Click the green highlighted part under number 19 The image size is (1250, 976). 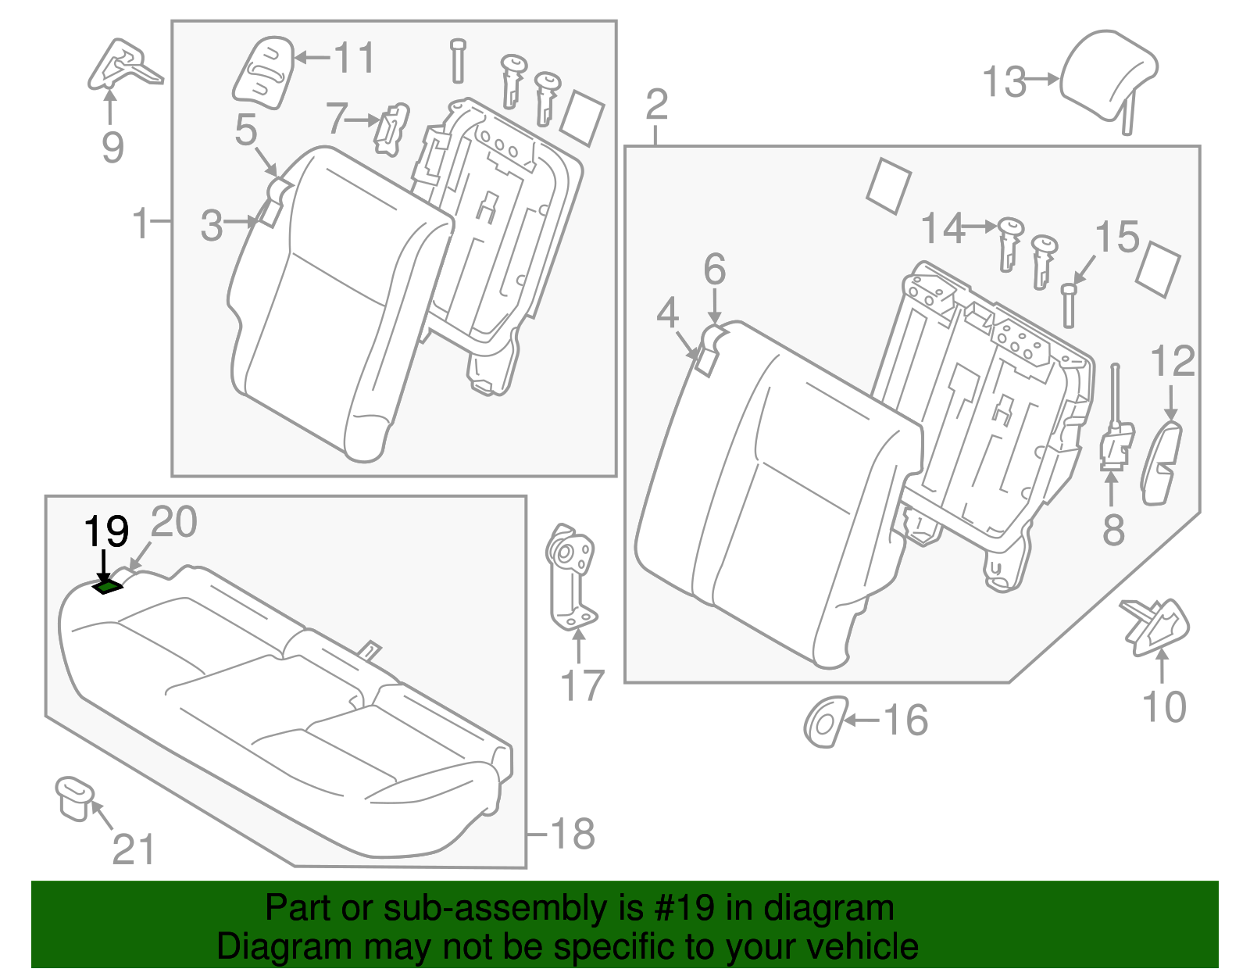[x=108, y=586]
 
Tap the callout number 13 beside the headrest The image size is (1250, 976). [x=1004, y=82]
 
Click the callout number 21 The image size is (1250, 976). [x=134, y=849]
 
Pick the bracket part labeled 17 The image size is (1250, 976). [x=570, y=578]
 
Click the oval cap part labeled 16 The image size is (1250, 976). [x=825, y=721]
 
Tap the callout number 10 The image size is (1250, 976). [x=1164, y=707]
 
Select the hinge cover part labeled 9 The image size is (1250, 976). [x=121, y=66]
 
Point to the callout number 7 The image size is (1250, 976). [x=337, y=119]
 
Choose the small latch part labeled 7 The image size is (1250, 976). [x=391, y=128]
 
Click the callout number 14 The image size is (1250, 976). [x=943, y=228]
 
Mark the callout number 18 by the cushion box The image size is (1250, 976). [x=573, y=834]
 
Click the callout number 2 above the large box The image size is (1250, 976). [x=657, y=105]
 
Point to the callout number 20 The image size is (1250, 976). [x=173, y=522]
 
